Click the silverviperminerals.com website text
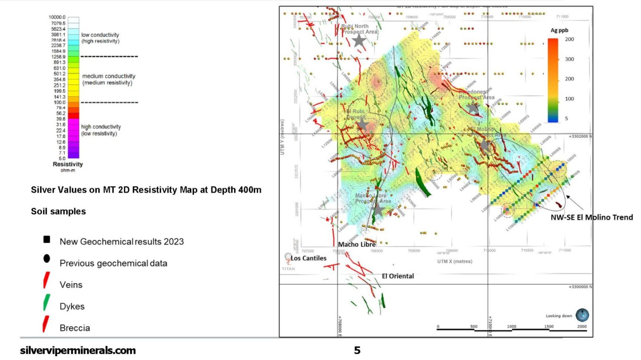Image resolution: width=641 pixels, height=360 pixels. (x=78, y=350)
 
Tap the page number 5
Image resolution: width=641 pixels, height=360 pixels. (x=357, y=350)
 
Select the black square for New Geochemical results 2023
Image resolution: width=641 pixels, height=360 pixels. (x=47, y=239)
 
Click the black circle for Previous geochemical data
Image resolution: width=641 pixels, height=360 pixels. (x=47, y=259)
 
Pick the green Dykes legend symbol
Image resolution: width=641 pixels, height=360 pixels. (x=47, y=302)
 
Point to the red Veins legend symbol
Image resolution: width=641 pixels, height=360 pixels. (x=46, y=280)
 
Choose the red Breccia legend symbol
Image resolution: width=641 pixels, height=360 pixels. (x=45, y=324)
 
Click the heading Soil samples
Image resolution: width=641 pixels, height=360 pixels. (x=58, y=211)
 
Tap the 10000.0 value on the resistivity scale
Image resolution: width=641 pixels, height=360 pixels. (x=57, y=17)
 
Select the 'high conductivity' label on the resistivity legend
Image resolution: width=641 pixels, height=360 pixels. (x=101, y=127)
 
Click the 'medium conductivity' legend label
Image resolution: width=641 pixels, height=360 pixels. (x=109, y=76)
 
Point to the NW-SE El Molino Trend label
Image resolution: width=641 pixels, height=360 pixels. (x=591, y=217)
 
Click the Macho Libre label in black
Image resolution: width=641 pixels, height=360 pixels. (x=357, y=244)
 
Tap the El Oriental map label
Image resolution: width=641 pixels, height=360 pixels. (x=398, y=276)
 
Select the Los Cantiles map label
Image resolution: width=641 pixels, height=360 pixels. (x=308, y=258)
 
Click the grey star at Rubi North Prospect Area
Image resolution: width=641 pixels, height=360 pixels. (x=359, y=41)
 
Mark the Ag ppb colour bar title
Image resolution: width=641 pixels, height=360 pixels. (x=559, y=30)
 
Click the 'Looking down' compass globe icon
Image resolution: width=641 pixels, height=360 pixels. (x=582, y=315)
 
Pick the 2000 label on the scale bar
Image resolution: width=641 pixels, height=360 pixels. (x=582, y=327)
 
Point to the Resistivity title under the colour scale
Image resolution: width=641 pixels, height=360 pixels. (x=68, y=164)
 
